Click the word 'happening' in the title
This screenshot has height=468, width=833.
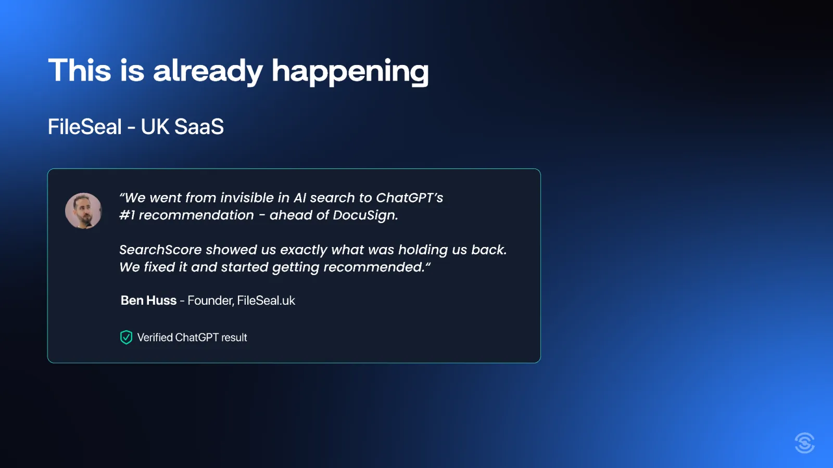coord(350,72)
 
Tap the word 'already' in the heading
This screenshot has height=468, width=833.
coord(208,72)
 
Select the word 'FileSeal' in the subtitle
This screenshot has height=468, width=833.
coord(84,126)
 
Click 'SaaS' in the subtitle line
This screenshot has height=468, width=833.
coord(198,126)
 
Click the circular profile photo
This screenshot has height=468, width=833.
coord(83,211)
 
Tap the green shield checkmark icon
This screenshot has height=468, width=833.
coord(126,337)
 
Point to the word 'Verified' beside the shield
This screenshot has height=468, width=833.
coord(155,337)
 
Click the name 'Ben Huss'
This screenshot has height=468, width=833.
coord(148,300)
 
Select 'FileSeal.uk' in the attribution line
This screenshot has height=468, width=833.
coord(266,300)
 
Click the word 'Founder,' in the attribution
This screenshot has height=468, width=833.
coord(210,300)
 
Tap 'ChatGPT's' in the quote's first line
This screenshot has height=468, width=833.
coord(409,198)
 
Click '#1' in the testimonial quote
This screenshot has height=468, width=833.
coord(127,215)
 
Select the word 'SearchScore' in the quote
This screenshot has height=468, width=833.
coord(160,250)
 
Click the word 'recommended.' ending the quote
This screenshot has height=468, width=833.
coord(374,267)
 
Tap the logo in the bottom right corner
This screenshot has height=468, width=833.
coord(805,443)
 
